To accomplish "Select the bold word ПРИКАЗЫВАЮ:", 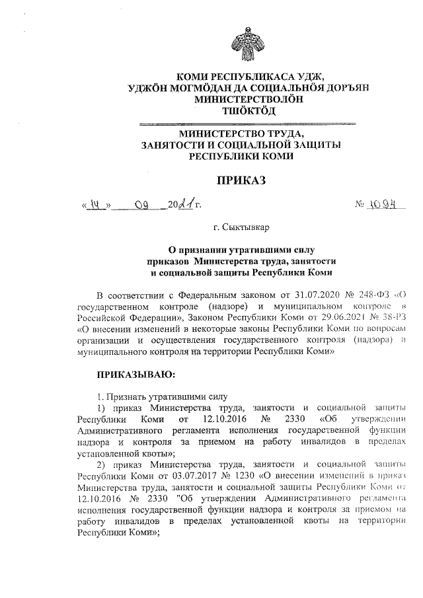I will (135, 375).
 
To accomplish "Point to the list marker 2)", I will (102, 474).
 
